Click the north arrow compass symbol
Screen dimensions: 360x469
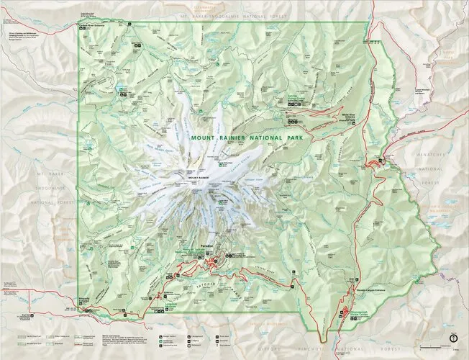click(x=452, y=336)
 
